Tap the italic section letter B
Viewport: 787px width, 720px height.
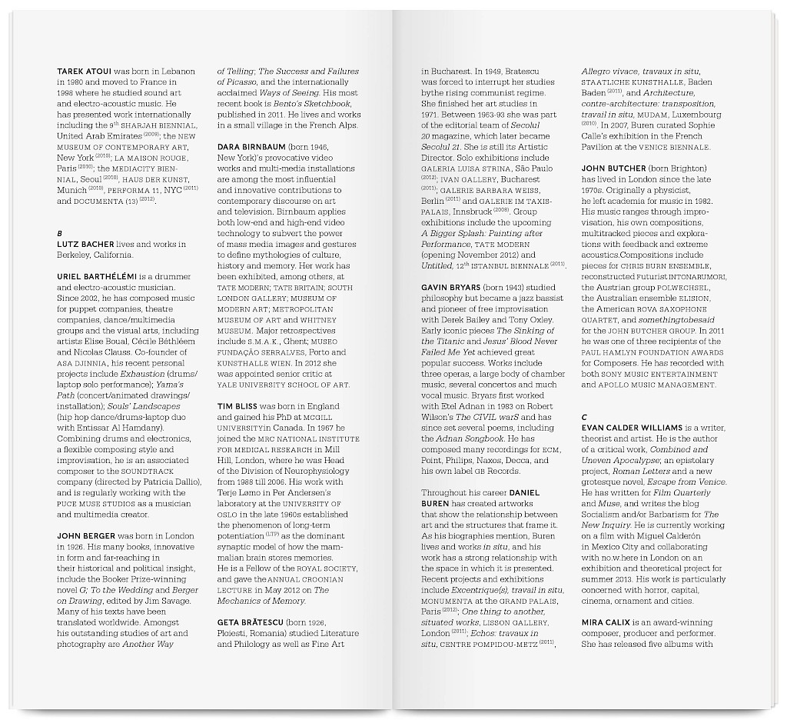pos(59,233)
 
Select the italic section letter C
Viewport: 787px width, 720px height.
pos(584,416)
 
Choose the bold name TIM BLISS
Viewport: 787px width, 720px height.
pos(235,405)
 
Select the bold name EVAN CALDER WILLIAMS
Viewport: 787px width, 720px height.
pos(637,428)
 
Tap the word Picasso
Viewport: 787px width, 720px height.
pos(233,82)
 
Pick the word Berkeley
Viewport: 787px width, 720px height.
pos(75,255)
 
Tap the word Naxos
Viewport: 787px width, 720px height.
pos(488,459)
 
